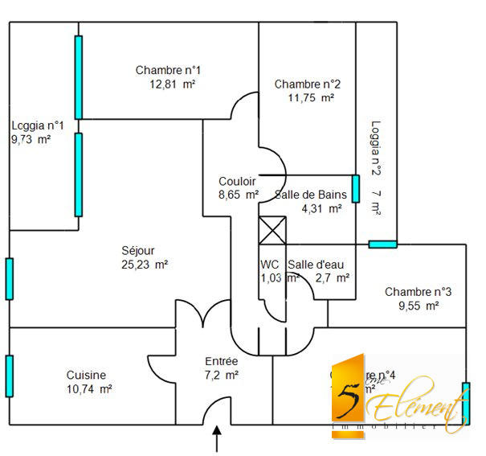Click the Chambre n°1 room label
click(168, 70)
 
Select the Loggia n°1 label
click(38, 125)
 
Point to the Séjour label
click(137, 250)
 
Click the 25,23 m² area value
click(144, 264)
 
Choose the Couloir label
click(237, 181)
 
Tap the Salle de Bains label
click(311, 195)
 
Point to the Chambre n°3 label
click(418, 292)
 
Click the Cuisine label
click(86, 375)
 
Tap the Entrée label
click(222, 361)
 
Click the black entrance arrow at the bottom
click(217, 441)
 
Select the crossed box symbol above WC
click(272, 231)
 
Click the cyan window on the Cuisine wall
click(9, 376)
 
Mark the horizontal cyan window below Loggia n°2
click(382, 244)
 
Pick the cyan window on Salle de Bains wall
click(355, 189)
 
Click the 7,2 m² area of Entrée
click(222, 375)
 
